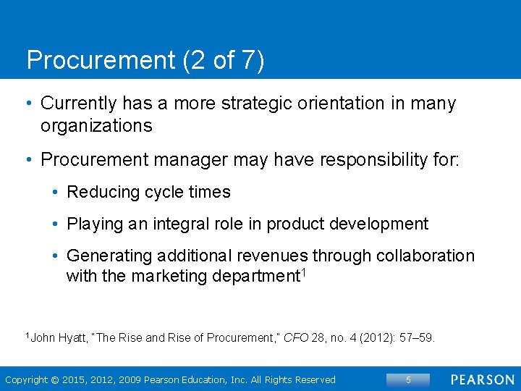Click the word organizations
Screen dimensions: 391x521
96,126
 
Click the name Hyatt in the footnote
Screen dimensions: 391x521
75,337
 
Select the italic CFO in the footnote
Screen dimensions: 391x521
295,337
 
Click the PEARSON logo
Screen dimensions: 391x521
483,379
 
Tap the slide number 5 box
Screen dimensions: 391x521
408,379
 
